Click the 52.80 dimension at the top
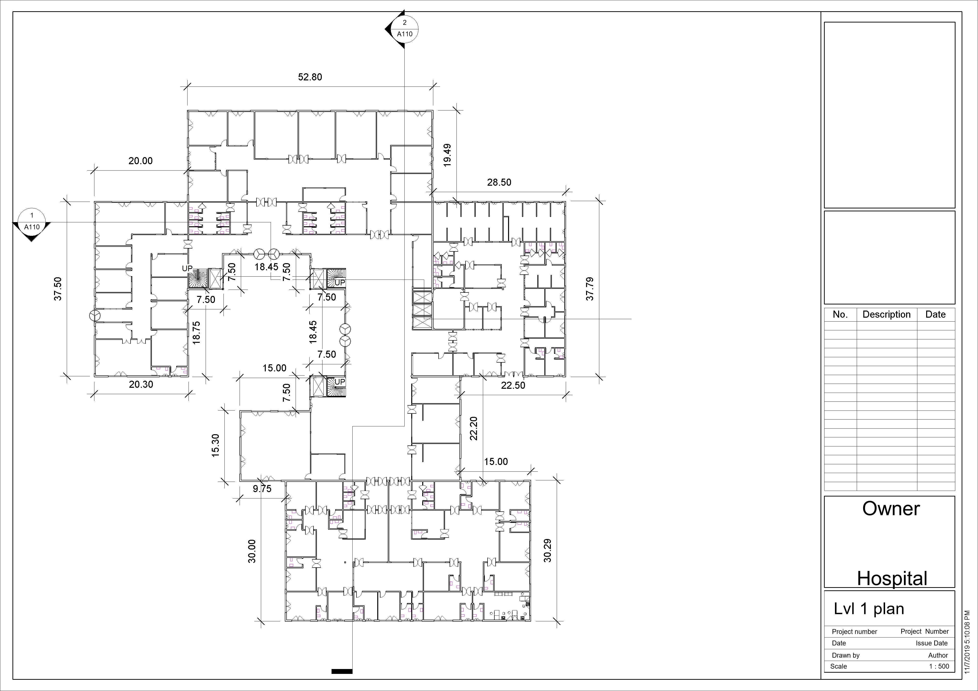(310, 77)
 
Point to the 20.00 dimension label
(141, 161)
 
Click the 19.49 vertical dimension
(447, 155)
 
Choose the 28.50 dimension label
(499, 182)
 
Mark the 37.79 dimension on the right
(590, 289)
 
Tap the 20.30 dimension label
(141, 384)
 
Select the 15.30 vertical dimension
(216, 445)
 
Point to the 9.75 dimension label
(262, 489)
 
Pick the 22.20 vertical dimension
(474, 428)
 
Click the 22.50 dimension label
(513, 385)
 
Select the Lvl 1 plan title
(869, 609)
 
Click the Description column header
(886, 315)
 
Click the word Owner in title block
(891, 509)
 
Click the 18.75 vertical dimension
(196, 333)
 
